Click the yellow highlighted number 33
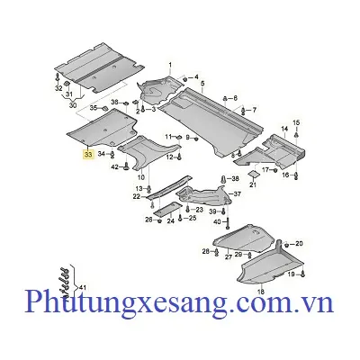(88, 155)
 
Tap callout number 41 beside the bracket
(82, 287)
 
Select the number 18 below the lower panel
(261, 291)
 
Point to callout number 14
(284, 129)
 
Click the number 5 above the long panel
(202, 83)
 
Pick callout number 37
(238, 194)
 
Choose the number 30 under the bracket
(73, 105)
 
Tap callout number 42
(115, 166)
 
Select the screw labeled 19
(302, 274)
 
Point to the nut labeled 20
(286, 245)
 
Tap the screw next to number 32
(57, 76)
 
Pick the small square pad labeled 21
(253, 175)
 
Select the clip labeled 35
(104, 108)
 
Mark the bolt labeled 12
(179, 156)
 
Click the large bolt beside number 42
(126, 166)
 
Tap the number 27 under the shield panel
(229, 257)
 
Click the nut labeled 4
(185, 79)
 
